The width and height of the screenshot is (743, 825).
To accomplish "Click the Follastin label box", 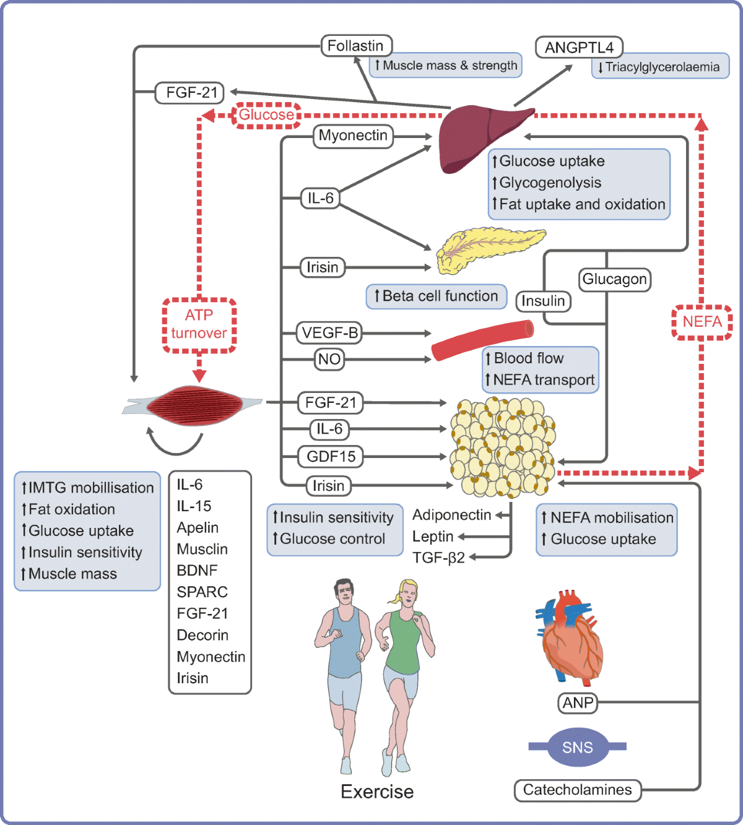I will tap(356, 46).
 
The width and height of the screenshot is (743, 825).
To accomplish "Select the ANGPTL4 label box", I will tap(578, 48).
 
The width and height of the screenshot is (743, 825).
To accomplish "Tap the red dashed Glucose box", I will tap(266, 115).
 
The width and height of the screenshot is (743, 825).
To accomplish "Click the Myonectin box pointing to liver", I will tap(353, 136).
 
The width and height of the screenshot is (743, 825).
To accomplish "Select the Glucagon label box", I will tap(614, 279).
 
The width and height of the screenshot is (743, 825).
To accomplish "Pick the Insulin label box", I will tap(543, 301).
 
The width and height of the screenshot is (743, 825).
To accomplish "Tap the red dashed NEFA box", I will tap(702, 322).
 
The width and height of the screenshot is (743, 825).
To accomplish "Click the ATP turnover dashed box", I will tap(199, 325).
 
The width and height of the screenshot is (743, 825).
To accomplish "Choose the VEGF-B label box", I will tap(329, 333).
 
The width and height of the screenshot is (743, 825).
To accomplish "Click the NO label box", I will tap(329, 360).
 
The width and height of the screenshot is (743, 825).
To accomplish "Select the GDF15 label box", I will tap(331, 457).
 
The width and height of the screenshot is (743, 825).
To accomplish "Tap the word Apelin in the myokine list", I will tap(198, 528).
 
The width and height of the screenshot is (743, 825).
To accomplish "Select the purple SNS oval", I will tap(577, 748).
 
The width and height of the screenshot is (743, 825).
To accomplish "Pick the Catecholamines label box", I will tap(577, 790).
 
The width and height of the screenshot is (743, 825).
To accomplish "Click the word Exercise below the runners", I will tap(377, 792).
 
